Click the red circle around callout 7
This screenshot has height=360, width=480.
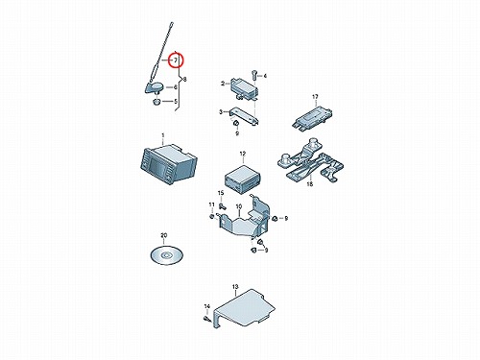pyautogui.click(x=176, y=60)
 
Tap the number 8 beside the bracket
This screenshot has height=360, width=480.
pyautogui.click(x=184, y=80)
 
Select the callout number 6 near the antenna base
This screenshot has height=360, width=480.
pyautogui.click(x=176, y=87)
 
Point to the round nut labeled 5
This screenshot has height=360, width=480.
pyautogui.click(x=156, y=102)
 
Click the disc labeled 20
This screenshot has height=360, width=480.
pyautogui.click(x=166, y=255)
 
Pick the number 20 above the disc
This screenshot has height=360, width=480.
pyautogui.click(x=164, y=235)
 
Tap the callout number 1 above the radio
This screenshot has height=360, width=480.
pyautogui.click(x=163, y=135)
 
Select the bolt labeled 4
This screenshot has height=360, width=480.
pyautogui.click(x=254, y=75)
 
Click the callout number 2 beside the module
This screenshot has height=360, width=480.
pyautogui.click(x=223, y=84)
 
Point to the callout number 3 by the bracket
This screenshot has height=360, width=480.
pyautogui.click(x=221, y=112)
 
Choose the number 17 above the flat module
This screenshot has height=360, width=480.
pyautogui.click(x=315, y=97)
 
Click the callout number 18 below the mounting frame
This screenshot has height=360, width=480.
pyautogui.click(x=310, y=184)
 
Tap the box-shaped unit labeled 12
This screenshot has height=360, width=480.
pyautogui.click(x=243, y=179)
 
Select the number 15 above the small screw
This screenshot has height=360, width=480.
pyautogui.click(x=221, y=193)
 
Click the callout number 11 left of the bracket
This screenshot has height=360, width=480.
pyautogui.click(x=212, y=204)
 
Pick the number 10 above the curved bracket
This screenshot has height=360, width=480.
pyautogui.click(x=239, y=207)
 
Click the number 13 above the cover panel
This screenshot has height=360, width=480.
pyautogui.click(x=235, y=287)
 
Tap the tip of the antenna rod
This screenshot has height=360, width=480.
pyautogui.click(x=172, y=22)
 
